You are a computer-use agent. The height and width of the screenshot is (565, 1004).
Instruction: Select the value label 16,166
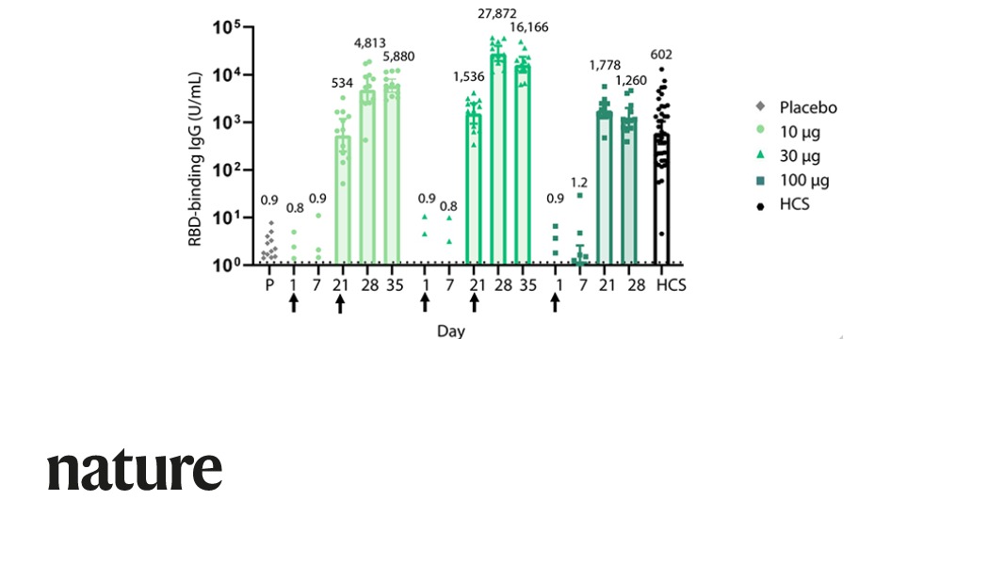tap(528, 26)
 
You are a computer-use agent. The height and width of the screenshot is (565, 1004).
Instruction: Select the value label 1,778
tap(605, 65)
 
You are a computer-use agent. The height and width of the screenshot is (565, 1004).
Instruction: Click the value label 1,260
tap(631, 79)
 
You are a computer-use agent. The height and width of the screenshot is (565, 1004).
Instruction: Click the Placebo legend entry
tap(801, 107)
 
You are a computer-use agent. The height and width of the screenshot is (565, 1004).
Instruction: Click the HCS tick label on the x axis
tap(672, 284)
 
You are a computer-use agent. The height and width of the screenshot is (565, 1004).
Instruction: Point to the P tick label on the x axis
tap(268, 284)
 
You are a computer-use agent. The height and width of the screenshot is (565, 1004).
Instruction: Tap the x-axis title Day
tap(449, 331)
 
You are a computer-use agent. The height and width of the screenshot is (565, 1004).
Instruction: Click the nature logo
tap(135, 470)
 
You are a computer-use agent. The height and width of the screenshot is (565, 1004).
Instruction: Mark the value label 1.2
tap(580, 183)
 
